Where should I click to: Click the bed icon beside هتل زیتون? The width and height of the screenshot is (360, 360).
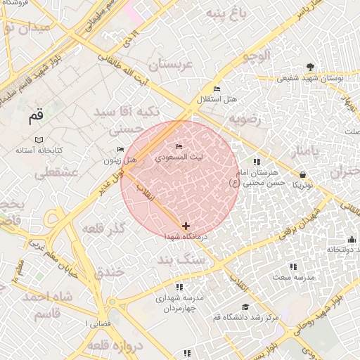120,149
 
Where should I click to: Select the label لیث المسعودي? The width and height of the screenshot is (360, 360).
179,158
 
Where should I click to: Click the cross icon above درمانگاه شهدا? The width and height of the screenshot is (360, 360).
185,226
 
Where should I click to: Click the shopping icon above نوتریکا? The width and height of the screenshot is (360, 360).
302,174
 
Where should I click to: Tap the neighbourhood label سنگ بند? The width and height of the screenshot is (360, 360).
203,259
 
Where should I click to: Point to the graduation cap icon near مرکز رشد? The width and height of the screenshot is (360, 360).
245,307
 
